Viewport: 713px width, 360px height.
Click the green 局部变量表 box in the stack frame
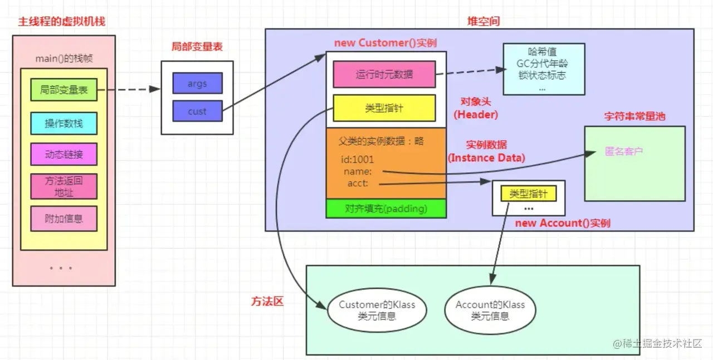[64, 90]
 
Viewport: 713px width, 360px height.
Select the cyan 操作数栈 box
[64, 123]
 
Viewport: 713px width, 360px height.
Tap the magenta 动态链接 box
[64, 154]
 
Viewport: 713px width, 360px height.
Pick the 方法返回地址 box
[64, 186]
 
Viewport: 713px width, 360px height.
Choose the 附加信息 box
[64, 218]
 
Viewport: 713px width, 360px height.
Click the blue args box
[197, 83]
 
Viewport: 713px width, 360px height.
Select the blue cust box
[197, 111]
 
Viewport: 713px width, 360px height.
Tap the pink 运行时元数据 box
[384, 74]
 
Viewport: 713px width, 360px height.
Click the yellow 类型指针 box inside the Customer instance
[384, 108]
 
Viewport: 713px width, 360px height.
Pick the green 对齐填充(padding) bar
[386, 208]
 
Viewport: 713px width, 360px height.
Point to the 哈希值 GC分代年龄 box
[543, 69]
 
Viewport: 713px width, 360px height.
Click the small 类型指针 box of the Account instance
[529, 193]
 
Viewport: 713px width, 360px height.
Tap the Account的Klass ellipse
[490, 310]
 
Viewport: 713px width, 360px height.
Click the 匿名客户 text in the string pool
[624, 151]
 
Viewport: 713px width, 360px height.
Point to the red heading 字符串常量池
[634, 116]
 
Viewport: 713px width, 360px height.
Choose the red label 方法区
[267, 301]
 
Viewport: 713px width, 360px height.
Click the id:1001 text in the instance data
[358, 160]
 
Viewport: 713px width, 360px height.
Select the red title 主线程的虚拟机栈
[62, 22]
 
